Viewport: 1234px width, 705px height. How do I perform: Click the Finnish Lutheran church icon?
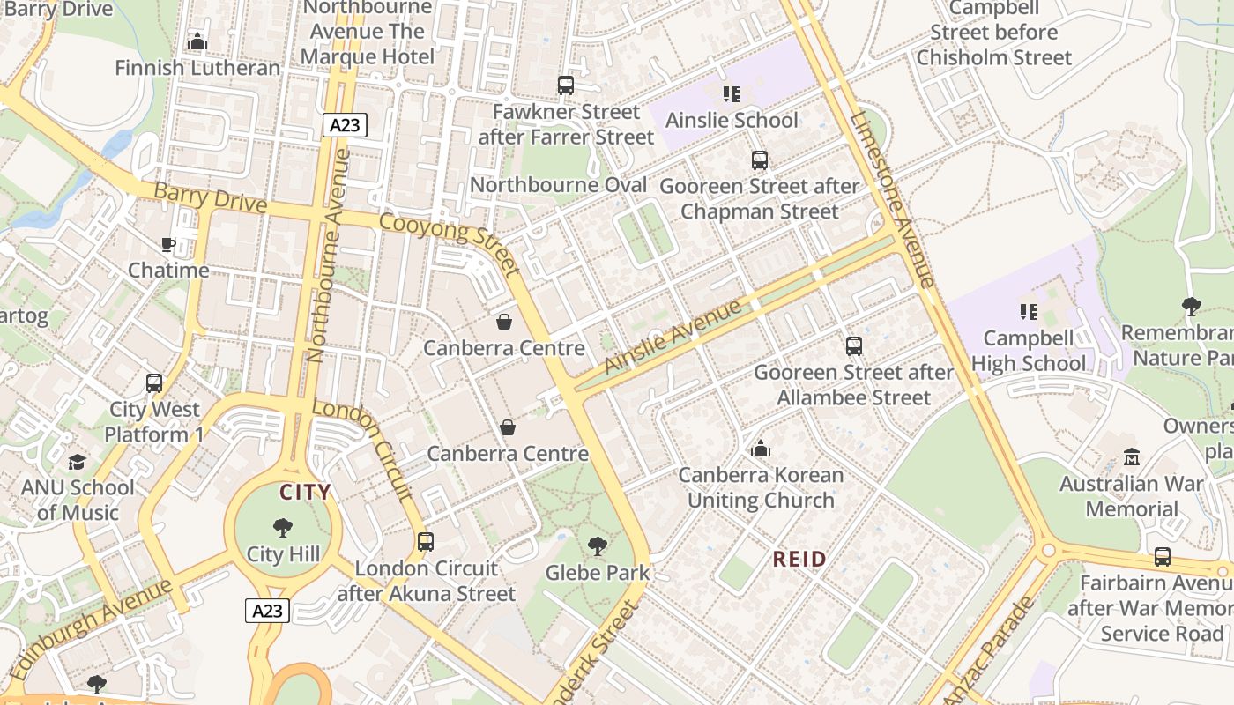[x=197, y=41]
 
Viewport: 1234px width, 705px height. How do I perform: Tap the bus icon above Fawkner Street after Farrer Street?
[x=566, y=85]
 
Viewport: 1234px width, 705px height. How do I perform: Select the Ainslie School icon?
[x=731, y=93]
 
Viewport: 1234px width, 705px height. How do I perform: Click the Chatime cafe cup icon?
[x=168, y=244]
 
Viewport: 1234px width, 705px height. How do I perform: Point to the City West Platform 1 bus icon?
[x=154, y=383]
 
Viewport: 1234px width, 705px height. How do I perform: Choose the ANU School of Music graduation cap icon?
[x=78, y=462]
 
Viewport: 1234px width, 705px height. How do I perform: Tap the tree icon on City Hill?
[x=283, y=528]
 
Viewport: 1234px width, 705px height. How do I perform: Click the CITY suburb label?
[x=305, y=493]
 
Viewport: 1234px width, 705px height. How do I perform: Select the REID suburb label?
[x=799, y=559]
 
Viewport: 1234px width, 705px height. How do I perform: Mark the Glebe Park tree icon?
[x=598, y=546]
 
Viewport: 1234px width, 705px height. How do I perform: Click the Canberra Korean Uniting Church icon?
[x=761, y=449]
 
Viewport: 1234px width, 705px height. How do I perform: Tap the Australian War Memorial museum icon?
[x=1132, y=457]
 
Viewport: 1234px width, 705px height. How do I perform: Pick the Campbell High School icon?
[x=1028, y=311]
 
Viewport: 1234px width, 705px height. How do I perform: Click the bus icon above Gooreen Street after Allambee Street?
[x=853, y=346]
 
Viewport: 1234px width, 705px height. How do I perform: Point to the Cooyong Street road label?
[x=450, y=241]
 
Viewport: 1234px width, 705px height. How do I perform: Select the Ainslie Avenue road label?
[x=673, y=337]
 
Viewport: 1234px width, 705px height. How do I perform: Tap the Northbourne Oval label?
[x=558, y=185]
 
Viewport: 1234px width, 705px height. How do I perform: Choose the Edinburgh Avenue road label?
[x=92, y=627]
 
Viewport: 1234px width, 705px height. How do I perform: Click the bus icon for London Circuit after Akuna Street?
[x=426, y=542]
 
